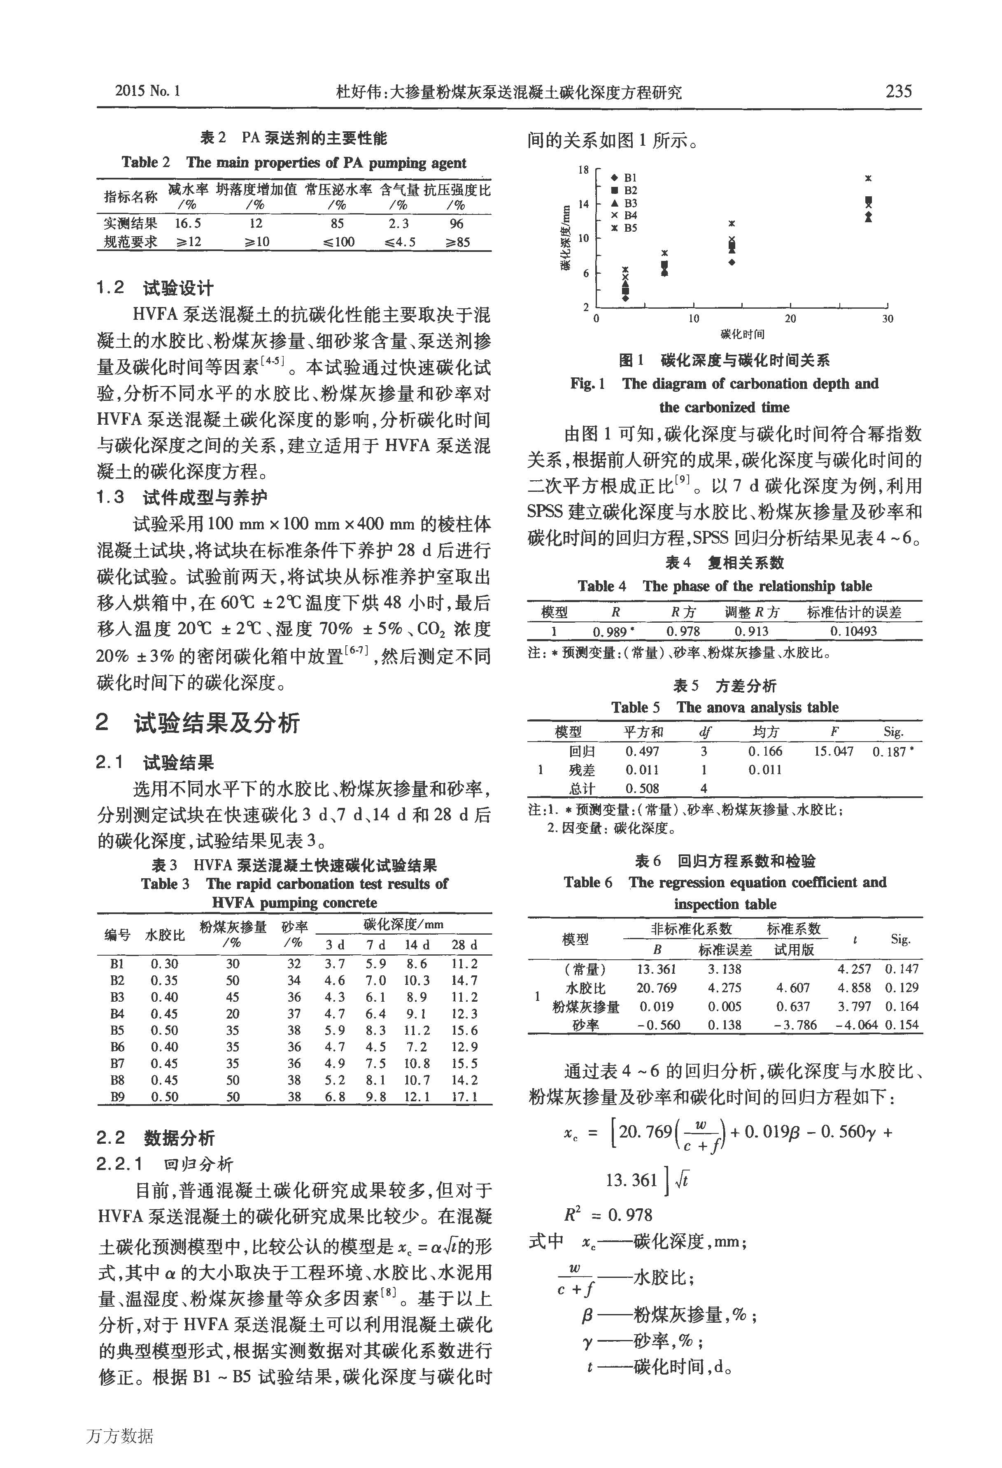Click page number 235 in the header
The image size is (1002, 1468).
[x=898, y=92]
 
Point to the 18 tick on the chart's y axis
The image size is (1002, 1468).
[x=583, y=170]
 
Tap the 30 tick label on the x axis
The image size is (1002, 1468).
[x=887, y=319]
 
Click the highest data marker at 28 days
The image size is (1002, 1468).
[x=868, y=179]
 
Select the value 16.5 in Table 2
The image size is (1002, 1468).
[x=188, y=223]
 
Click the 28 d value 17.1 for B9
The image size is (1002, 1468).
[x=464, y=1097]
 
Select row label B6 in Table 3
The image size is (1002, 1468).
[x=117, y=1047]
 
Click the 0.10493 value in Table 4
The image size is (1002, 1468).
[x=853, y=631]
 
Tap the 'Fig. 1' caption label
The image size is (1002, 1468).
[x=587, y=384]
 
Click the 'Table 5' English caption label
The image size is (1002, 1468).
[x=635, y=707]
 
